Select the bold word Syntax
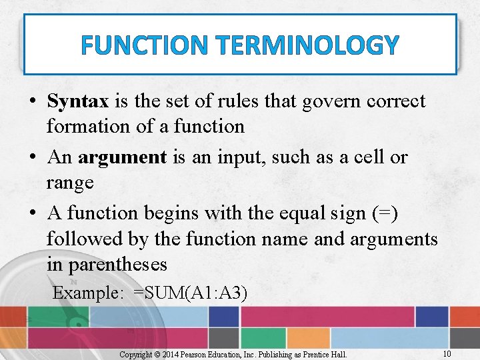[77, 102]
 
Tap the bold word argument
[122, 157]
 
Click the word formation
[89, 126]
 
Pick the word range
[70, 182]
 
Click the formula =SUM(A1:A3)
[190, 293]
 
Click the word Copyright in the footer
[135, 354]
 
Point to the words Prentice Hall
[328, 354]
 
